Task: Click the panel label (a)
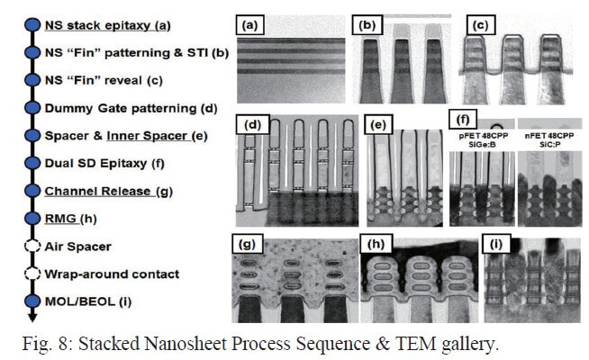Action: (247, 25)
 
